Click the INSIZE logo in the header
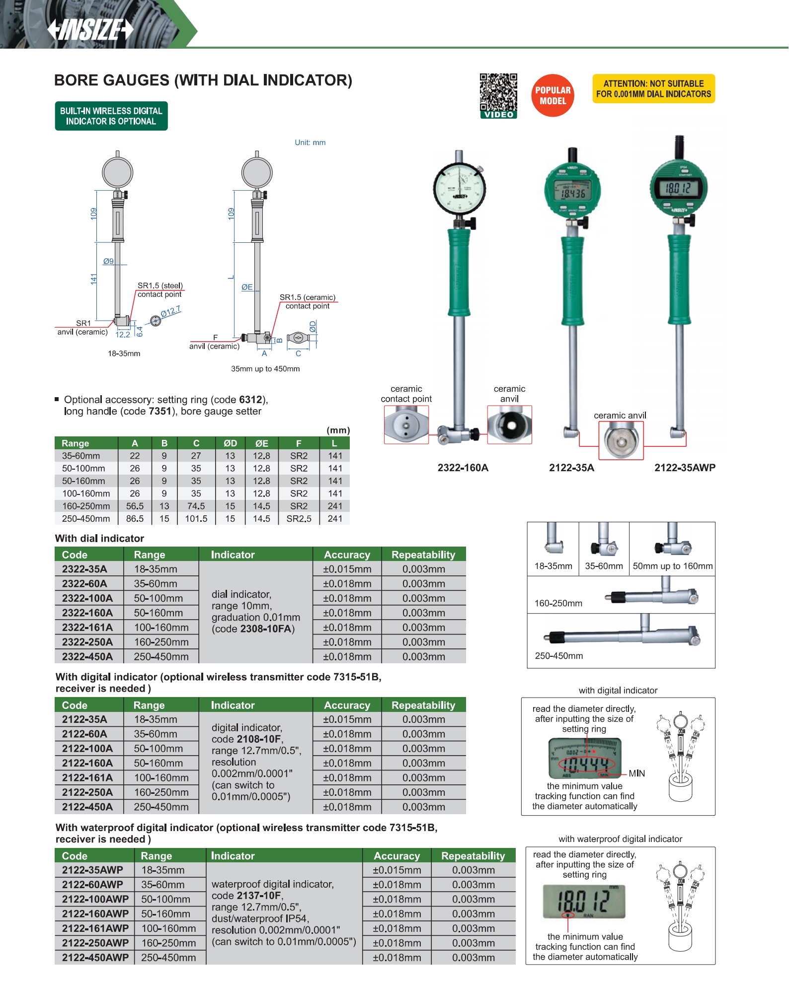pos(90,29)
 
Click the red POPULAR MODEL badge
pos(552,95)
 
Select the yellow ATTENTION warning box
pos(653,89)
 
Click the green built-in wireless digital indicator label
pos(111,116)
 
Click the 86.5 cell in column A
pos(135,518)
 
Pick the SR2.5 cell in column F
pos(299,518)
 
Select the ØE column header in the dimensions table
pos(261,443)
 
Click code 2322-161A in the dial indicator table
pos(87,628)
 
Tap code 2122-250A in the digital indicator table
pos(87,792)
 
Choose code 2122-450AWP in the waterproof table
pos(95,957)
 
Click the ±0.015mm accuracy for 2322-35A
pos(347,569)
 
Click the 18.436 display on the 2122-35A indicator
pos(573,193)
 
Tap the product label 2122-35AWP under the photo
pos(684,468)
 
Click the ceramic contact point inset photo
pos(406,424)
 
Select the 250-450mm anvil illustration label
pos(558,655)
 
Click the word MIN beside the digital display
pos(636,773)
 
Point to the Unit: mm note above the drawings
pos(310,142)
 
